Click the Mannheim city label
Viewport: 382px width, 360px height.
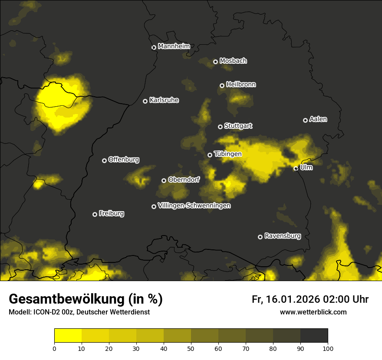(x=174, y=46)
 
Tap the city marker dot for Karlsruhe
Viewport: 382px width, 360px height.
(x=145, y=101)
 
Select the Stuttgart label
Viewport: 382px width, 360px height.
(x=238, y=126)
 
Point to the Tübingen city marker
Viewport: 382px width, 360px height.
(x=210, y=155)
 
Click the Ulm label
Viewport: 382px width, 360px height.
(x=306, y=167)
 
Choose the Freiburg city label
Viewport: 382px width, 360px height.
(x=111, y=213)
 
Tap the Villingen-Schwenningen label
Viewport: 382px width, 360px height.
(x=194, y=206)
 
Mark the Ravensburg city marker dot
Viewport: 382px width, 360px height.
(x=260, y=237)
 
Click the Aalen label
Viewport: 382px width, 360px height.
(x=318, y=119)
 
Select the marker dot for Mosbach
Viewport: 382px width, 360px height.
(x=215, y=62)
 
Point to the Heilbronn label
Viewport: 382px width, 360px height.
(x=241, y=85)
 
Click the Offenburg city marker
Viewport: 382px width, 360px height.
(x=104, y=160)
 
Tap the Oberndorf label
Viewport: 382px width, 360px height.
(x=184, y=180)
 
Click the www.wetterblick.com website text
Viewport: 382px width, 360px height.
(x=313, y=312)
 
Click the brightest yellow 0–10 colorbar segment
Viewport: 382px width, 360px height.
(x=68, y=335)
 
